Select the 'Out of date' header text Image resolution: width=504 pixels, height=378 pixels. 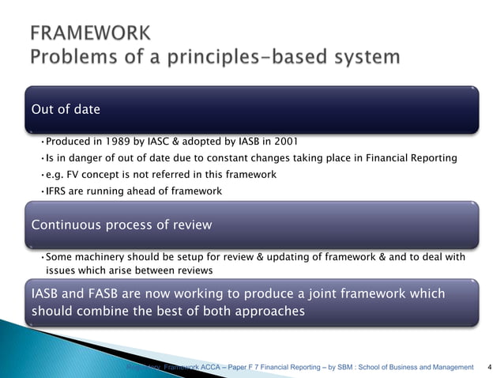66,109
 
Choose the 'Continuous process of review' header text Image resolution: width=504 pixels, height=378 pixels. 122,225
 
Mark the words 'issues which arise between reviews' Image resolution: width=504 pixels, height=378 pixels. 129,270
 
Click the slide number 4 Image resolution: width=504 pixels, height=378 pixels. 490,368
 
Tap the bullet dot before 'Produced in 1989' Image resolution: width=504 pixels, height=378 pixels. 42,142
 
